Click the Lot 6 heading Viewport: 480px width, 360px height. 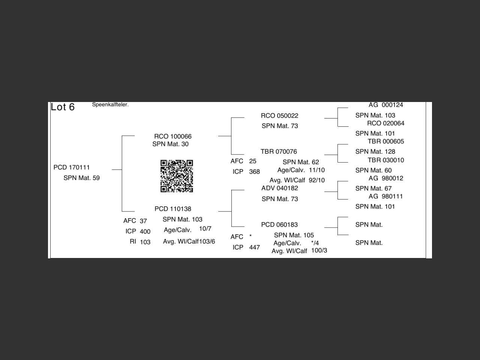[63, 107]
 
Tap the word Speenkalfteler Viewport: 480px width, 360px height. [110, 105]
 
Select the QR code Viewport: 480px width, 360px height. [177, 176]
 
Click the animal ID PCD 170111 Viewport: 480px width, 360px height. [72, 168]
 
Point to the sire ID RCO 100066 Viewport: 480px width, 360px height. [172, 136]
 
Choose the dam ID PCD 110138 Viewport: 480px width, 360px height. [172, 209]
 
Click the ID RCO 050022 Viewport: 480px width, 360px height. [279, 116]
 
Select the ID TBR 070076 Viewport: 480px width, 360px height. [279, 152]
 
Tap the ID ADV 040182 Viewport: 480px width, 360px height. [279, 188]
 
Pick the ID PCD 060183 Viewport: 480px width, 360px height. [279, 225]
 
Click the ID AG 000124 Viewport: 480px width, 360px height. [385, 105]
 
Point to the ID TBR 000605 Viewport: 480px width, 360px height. [385, 141]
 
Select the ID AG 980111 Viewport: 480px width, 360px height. [385, 196]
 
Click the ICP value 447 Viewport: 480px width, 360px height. [254, 247]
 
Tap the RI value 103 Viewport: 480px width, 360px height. [145, 242]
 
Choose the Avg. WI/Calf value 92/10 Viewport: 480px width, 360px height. [316, 180]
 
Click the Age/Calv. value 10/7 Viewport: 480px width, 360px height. [205, 229]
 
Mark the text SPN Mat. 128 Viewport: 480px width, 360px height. [375, 152]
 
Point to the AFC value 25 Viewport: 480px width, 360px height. [252, 161]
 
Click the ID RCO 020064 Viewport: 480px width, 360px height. [385, 123]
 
